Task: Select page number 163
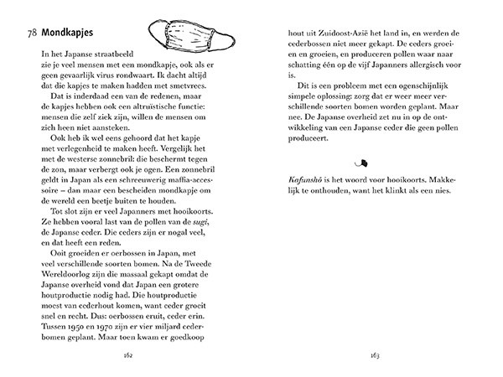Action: pos(376,354)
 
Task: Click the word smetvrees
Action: pos(210,87)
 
